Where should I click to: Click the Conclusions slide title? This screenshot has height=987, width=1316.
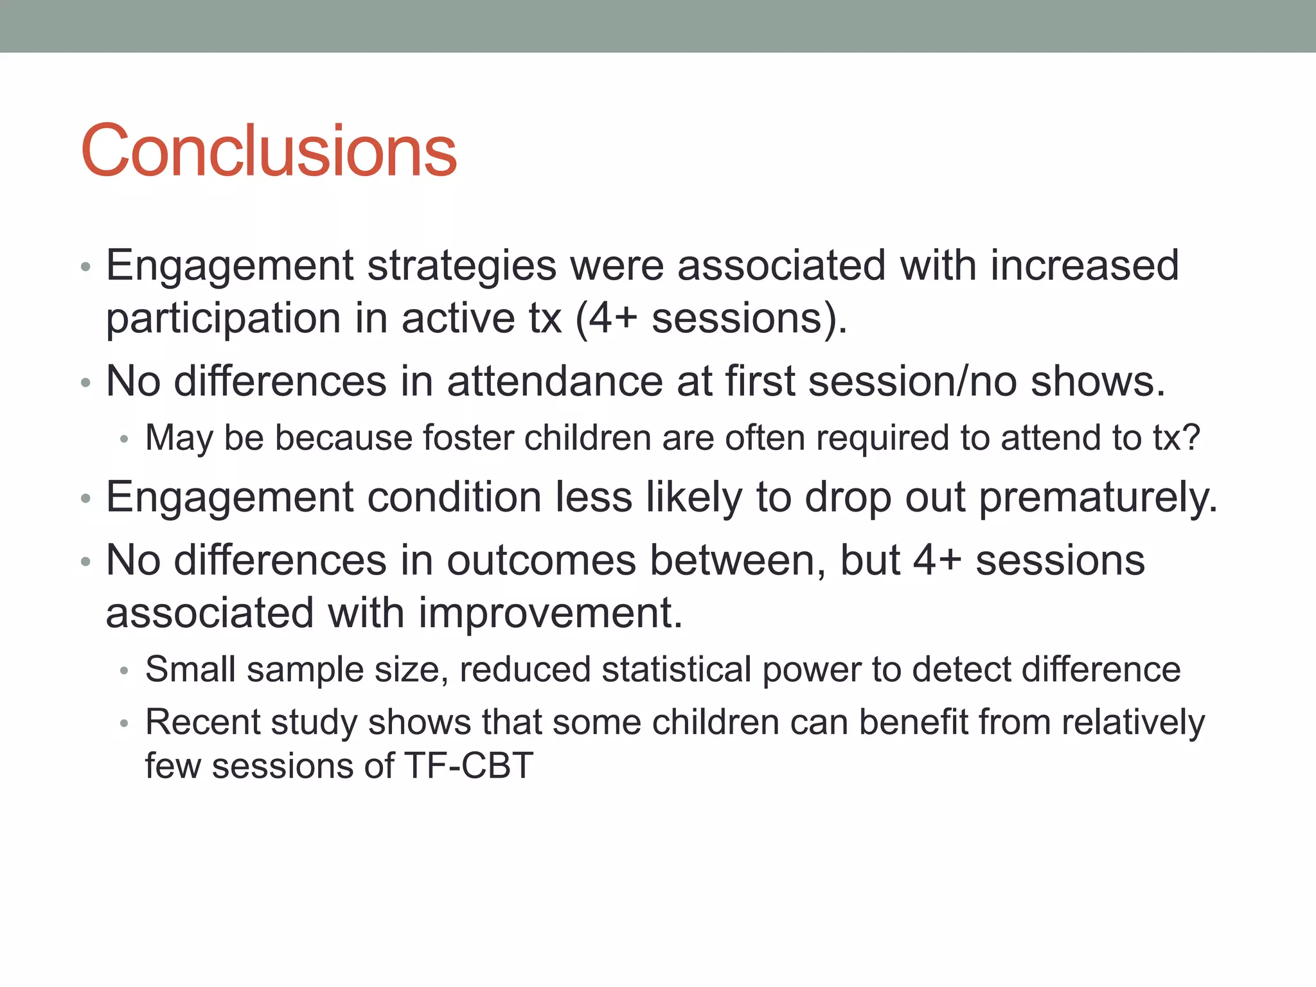[269, 151]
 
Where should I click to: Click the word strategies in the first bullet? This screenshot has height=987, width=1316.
[461, 266]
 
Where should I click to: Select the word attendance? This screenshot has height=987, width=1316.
[554, 381]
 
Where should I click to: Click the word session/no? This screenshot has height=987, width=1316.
[913, 381]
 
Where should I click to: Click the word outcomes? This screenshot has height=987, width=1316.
[541, 560]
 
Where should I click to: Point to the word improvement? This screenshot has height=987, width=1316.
[550, 613]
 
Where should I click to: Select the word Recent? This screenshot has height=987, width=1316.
[202, 722]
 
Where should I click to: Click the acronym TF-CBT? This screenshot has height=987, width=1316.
[468, 766]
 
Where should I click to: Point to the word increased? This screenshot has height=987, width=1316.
[1085, 266]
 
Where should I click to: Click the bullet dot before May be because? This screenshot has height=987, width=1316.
[125, 440]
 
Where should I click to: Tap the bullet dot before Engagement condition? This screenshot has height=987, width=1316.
[86, 499]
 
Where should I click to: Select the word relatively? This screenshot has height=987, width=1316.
[1133, 724]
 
